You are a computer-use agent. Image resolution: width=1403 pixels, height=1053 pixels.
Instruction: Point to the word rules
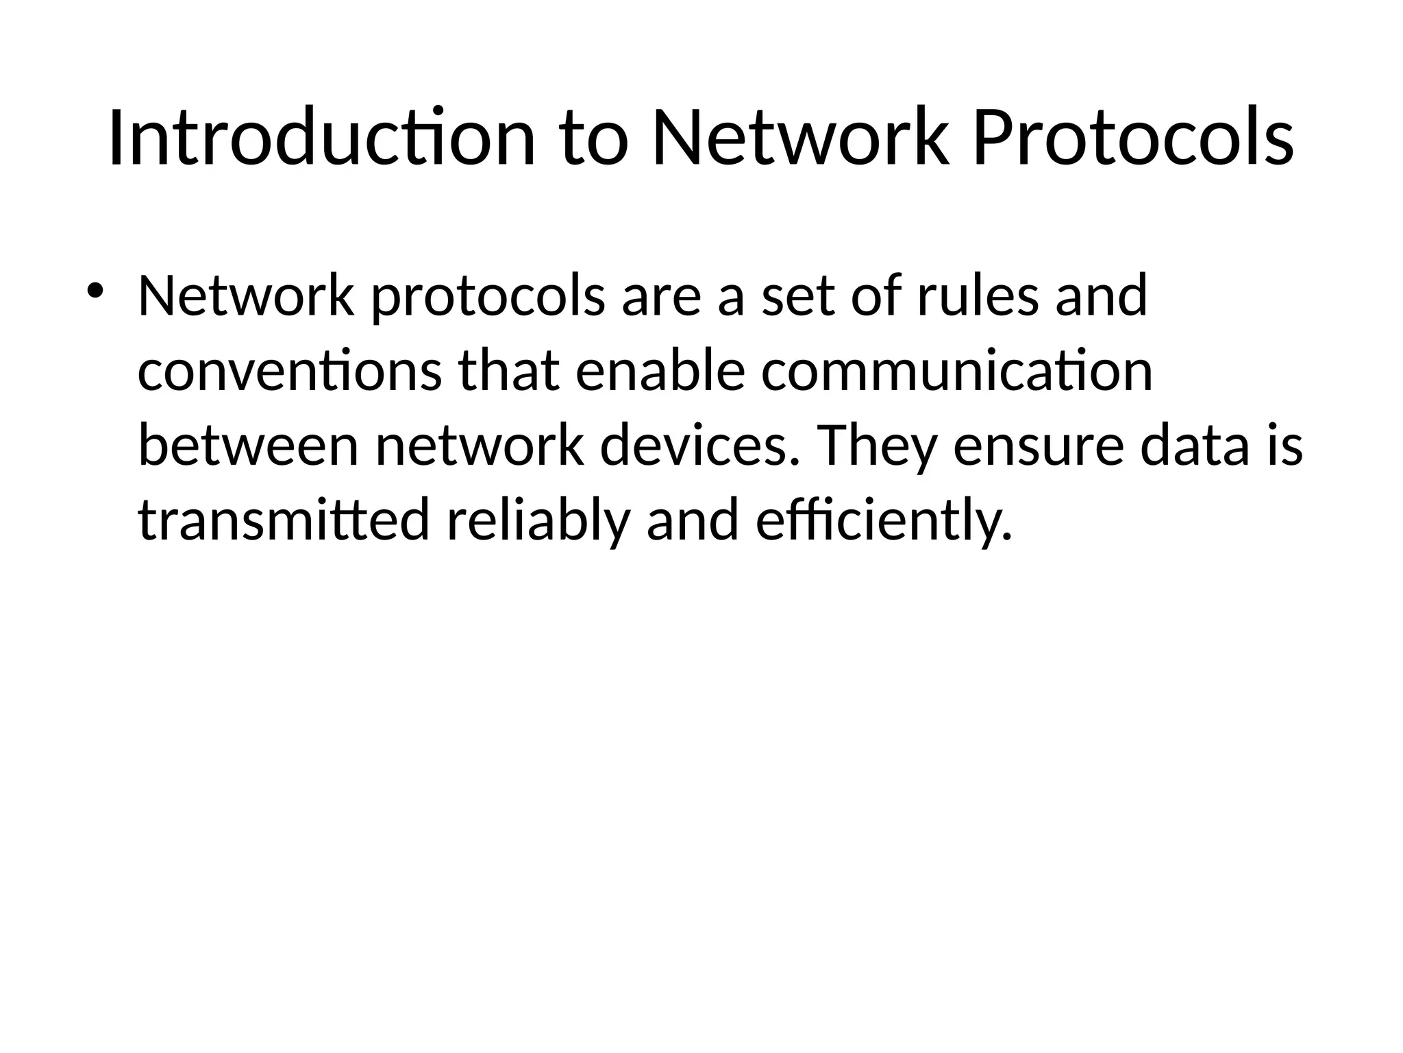978,296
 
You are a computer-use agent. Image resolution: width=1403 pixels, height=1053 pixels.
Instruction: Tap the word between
248,446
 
